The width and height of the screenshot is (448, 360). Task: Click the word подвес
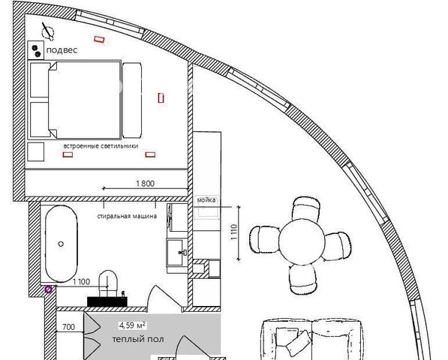click(x=62, y=50)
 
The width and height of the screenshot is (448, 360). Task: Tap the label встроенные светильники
click(x=101, y=146)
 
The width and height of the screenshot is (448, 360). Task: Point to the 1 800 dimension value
click(x=145, y=183)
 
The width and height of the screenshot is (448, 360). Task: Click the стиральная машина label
click(x=127, y=216)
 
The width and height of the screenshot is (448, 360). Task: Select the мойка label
click(x=206, y=199)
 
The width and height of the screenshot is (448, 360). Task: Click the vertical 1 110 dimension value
click(x=233, y=232)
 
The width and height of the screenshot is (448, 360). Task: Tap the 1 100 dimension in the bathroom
click(x=82, y=282)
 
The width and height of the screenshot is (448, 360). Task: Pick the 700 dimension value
click(x=68, y=327)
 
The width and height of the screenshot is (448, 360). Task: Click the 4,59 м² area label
click(x=133, y=325)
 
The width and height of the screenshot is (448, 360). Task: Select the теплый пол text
click(x=138, y=339)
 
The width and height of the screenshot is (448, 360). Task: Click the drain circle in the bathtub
click(x=61, y=244)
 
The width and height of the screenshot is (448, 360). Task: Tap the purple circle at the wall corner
click(x=49, y=289)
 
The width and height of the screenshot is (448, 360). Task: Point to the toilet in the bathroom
click(x=108, y=283)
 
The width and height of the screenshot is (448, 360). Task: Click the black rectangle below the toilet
click(x=107, y=301)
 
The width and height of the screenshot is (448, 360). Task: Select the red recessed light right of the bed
click(x=161, y=98)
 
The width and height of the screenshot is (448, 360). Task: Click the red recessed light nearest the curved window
click(x=99, y=40)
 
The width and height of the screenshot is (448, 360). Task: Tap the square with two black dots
click(x=36, y=50)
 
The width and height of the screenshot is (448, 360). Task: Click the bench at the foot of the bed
click(x=132, y=100)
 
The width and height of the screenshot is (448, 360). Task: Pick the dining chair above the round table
click(x=306, y=208)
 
